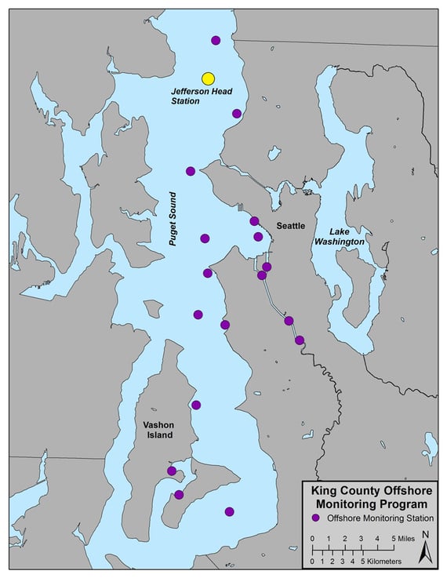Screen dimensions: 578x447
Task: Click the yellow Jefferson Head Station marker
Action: click(x=208, y=78)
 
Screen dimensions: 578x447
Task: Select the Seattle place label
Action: click(x=291, y=226)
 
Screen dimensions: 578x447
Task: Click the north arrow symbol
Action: click(x=424, y=547)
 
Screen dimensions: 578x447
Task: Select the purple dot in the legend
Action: click(x=314, y=518)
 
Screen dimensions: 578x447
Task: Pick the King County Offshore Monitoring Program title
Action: click(x=368, y=497)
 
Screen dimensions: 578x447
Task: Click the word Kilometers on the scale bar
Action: click(x=381, y=562)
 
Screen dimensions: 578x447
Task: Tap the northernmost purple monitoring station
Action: click(x=216, y=40)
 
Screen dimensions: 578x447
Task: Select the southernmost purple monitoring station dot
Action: click(x=229, y=512)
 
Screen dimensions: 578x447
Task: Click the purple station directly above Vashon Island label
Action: click(x=196, y=405)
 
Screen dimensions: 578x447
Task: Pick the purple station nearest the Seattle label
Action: click(x=258, y=236)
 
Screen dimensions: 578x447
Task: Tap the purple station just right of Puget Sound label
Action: click(x=205, y=238)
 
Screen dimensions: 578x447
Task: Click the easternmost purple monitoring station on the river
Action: click(x=300, y=340)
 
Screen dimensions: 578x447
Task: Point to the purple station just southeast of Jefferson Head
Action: click(x=237, y=113)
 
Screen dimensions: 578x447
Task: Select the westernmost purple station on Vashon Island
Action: click(x=172, y=471)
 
